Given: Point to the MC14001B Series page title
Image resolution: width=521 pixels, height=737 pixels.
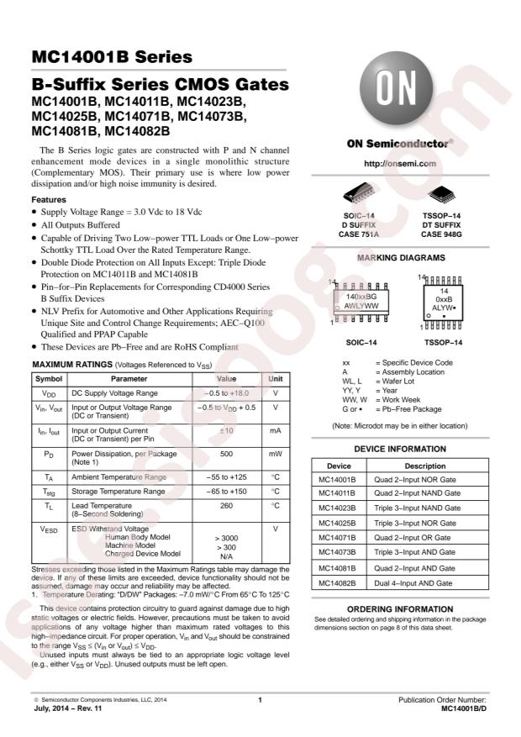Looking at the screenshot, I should [x=112, y=58].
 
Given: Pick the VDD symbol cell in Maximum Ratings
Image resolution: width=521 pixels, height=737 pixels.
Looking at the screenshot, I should [x=47, y=392].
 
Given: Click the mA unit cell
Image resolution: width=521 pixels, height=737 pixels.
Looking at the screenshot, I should [x=275, y=430].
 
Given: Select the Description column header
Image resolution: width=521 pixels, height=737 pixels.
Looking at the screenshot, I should [x=425, y=465].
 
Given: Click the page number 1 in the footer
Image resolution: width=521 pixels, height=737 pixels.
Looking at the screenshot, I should [x=260, y=699].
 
